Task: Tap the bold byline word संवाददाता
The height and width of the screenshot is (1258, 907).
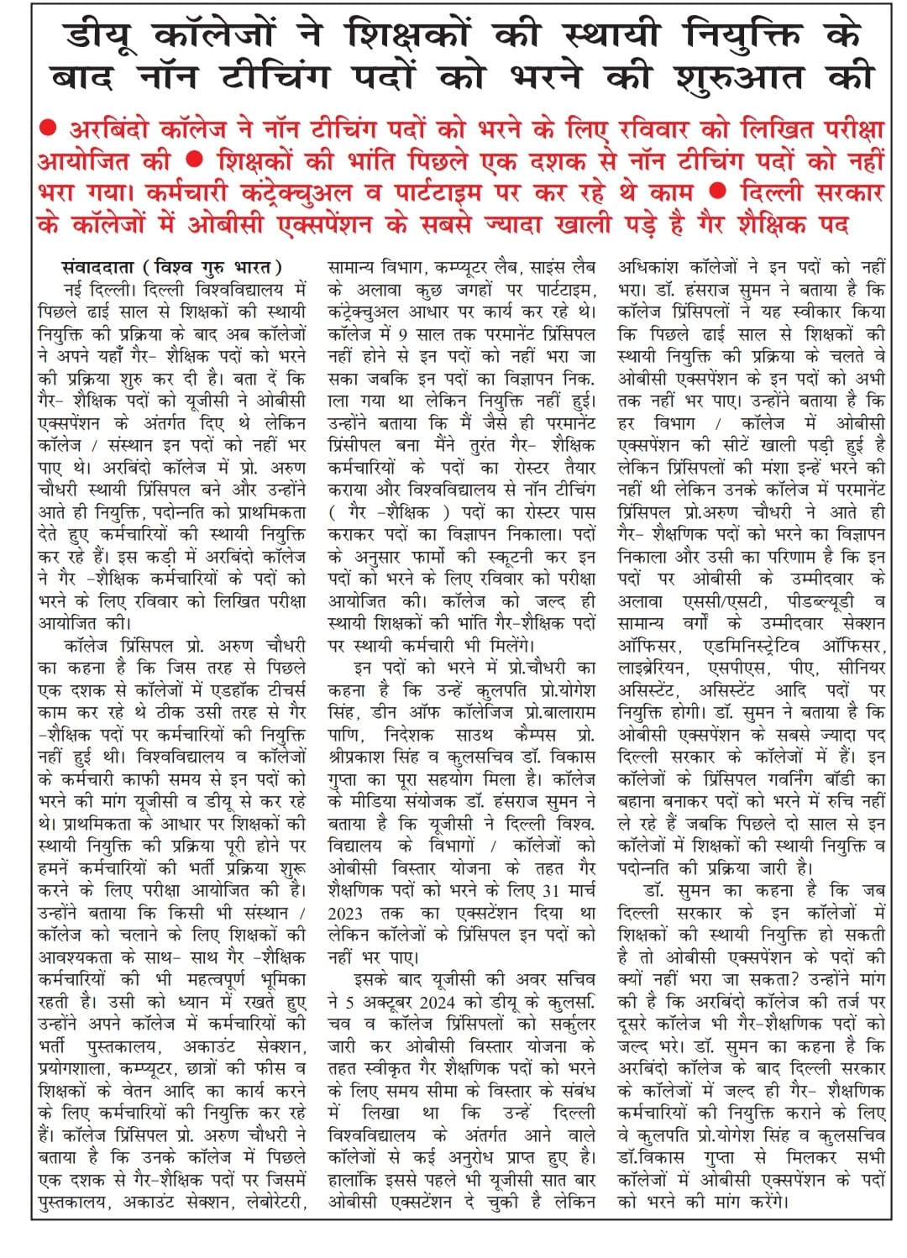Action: [x=98, y=267]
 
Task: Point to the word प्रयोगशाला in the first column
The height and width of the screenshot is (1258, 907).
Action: [x=78, y=1069]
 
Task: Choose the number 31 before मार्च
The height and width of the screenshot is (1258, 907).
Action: [x=551, y=889]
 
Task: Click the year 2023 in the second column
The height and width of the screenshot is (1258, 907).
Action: [x=345, y=912]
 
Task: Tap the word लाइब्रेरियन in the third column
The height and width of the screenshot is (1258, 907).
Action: [x=652, y=668]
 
